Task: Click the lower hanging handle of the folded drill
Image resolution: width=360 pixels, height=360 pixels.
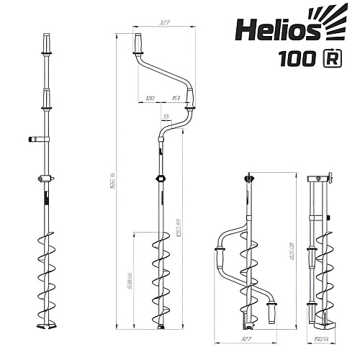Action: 272,311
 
